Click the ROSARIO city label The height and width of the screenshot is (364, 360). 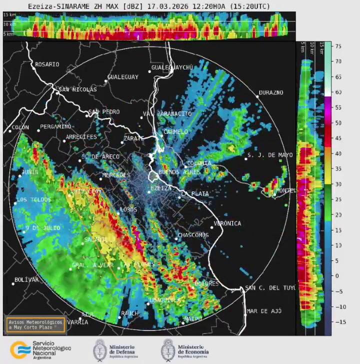coord(47,64)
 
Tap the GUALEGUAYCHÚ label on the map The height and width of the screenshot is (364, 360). coord(172,67)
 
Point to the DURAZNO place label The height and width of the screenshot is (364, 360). coord(270,93)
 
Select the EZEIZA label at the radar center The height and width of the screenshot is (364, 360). coord(161,188)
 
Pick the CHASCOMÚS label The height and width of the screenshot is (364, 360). coord(193,235)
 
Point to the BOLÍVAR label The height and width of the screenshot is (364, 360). coord(26,279)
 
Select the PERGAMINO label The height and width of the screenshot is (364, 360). coord(55,126)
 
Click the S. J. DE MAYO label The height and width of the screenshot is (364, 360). coord(270,155)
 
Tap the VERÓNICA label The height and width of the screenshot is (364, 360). coord(227,223)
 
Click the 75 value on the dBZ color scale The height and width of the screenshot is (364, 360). coord(338,46)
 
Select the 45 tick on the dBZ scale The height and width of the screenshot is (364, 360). coord(338,138)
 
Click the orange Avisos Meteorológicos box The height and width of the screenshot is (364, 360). coord(35,324)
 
